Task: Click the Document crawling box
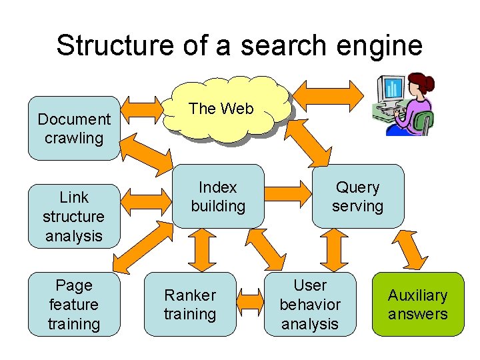tap(74, 129)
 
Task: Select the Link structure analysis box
tap(74, 216)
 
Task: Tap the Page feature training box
tap(74, 304)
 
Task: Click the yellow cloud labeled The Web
tap(221, 110)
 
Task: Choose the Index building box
tap(218, 197)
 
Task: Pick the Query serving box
tap(358, 197)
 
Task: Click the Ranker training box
tap(190, 304)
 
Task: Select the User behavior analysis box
tap(310, 304)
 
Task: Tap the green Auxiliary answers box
tap(418, 304)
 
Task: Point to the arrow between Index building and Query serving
tap(288, 197)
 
